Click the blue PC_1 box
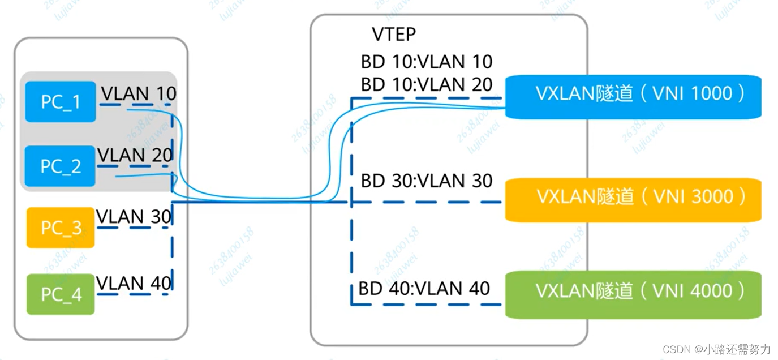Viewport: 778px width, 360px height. pos(61,102)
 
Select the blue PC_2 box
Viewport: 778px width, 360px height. pos(61,166)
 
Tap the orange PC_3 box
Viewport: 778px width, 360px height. pos(61,228)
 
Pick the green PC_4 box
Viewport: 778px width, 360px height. pos(61,294)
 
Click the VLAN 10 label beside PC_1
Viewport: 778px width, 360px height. pos(139,93)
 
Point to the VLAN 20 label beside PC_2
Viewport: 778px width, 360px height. pos(135,155)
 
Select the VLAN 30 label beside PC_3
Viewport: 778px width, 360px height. pos(135,216)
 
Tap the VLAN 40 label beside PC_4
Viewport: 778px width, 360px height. pos(134,282)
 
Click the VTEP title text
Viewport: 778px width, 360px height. pos(394,34)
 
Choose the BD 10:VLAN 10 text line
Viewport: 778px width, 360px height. pos(427,61)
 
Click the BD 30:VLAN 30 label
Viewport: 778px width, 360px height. pos(427,181)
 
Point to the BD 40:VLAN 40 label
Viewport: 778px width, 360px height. pos(424,289)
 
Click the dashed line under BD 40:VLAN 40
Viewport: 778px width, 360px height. pos(424,305)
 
